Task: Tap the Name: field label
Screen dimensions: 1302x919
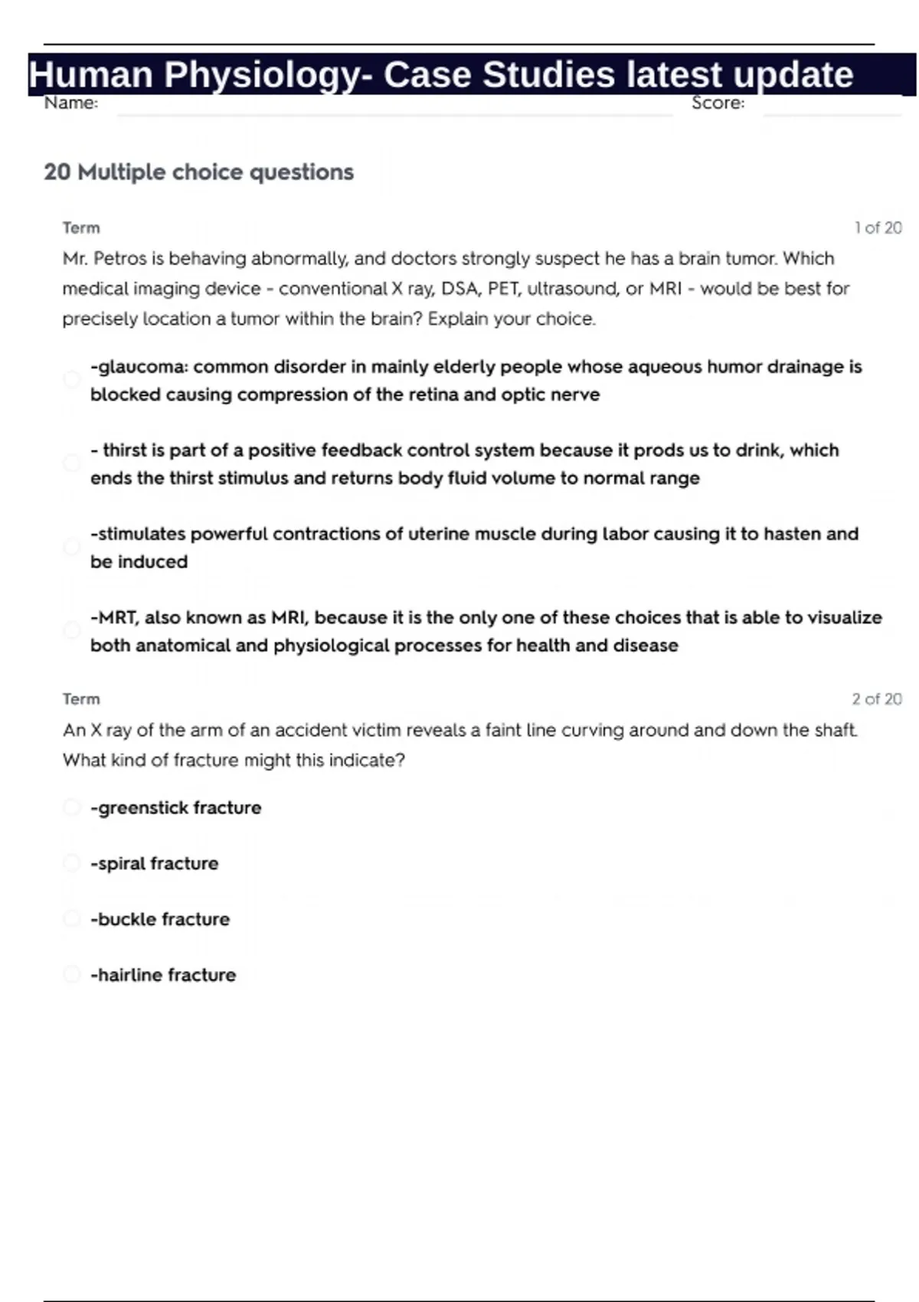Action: [70, 103]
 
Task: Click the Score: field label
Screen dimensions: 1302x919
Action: [718, 103]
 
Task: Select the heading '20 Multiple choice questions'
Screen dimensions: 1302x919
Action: [198, 172]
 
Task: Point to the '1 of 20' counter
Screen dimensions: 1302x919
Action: [878, 227]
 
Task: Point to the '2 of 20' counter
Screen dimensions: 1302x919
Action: [876, 698]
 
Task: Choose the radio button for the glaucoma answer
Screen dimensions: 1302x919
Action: [72, 380]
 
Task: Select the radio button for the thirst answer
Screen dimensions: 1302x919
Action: [72, 463]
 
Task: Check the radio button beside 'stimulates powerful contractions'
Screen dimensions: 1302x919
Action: [72, 547]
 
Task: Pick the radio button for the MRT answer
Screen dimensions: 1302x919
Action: [72, 630]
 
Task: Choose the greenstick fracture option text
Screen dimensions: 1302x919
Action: [176, 807]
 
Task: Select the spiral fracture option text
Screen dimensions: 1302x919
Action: [155, 863]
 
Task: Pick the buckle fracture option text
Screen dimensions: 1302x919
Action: [160, 919]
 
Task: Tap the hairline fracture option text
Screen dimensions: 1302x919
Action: [163, 975]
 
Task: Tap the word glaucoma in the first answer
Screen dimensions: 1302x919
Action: [142, 367]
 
